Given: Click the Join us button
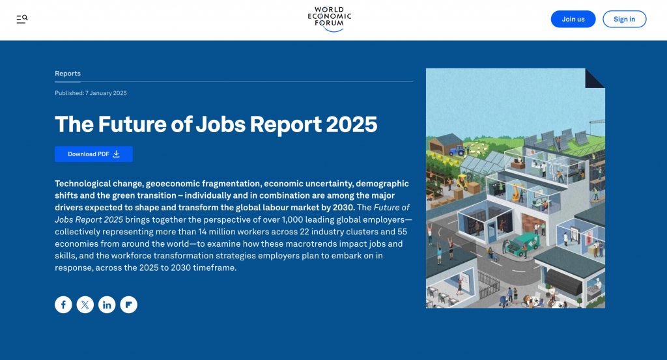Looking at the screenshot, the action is click(573, 19).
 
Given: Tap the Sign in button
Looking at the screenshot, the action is click(624, 19).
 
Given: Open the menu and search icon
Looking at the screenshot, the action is click(22, 19).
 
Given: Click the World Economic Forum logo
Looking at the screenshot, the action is click(330, 19).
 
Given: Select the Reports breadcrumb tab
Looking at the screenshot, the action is click(68, 74).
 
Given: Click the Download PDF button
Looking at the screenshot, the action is click(94, 154).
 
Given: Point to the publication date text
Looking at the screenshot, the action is click(91, 93).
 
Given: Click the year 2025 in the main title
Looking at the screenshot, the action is click(351, 124).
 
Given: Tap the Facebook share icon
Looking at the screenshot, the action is click(63, 304).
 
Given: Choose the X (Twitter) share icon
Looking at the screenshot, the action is click(85, 304).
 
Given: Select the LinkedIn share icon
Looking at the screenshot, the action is click(107, 304).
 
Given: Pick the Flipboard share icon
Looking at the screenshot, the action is click(128, 304).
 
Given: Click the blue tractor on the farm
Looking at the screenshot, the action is click(457, 150).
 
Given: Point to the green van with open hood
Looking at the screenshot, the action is click(522, 244).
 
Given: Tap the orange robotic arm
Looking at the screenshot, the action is click(517, 191).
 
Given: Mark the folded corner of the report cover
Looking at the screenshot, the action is click(595, 78).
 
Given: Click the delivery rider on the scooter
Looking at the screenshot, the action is click(492, 254).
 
